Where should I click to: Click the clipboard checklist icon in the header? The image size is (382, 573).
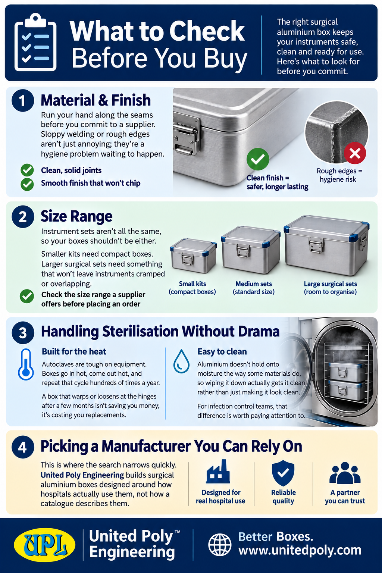click(35, 43)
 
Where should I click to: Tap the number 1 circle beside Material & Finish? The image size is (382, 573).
click(23, 100)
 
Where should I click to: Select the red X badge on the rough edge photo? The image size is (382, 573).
click(355, 153)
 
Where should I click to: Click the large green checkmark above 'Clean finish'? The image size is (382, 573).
click(258, 159)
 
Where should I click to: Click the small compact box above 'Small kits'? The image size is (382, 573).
click(194, 256)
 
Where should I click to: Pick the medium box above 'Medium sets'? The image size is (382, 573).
click(250, 250)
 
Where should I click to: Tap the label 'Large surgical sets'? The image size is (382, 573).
click(330, 284)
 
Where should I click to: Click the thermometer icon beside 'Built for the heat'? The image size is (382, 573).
click(26, 364)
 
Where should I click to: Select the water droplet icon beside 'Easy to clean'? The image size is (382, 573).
click(181, 361)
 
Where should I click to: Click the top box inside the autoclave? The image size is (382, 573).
click(347, 372)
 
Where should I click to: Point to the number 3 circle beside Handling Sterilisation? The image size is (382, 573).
click(23, 333)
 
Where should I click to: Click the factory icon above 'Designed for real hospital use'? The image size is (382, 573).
click(218, 472)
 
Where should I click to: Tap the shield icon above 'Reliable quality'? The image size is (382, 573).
click(283, 473)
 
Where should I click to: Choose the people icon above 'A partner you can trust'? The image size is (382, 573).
click(345, 473)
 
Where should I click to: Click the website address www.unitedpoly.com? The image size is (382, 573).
click(300, 550)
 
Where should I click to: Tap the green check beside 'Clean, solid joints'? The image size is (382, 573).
click(27, 170)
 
